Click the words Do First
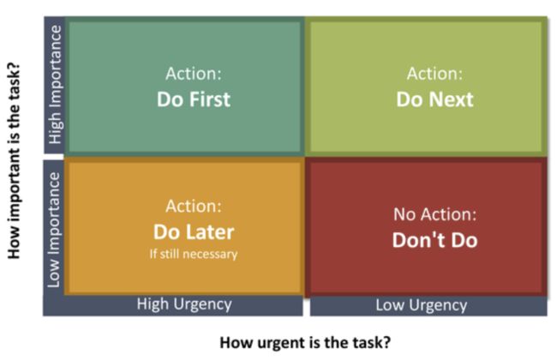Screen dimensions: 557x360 [194, 99]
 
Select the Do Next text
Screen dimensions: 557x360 [434, 99]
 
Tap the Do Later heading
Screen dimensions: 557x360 [194, 232]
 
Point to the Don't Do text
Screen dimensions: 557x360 [434, 240]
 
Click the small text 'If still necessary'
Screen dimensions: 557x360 [194, 254]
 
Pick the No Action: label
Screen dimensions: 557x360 [434, 214]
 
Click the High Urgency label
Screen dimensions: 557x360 [184, 304]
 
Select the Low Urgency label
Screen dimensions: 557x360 [422, 305]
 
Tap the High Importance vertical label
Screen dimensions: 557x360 [55, 85]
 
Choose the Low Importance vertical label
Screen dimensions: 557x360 [54, 230]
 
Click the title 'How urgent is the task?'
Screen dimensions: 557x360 [305, 343]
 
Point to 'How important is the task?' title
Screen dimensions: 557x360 [14, 161]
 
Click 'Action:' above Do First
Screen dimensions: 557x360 [194, 74]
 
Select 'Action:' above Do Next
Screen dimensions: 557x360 [434, 74]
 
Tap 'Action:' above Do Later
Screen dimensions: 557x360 [194, 206]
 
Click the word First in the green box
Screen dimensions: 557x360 [210, 99]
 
